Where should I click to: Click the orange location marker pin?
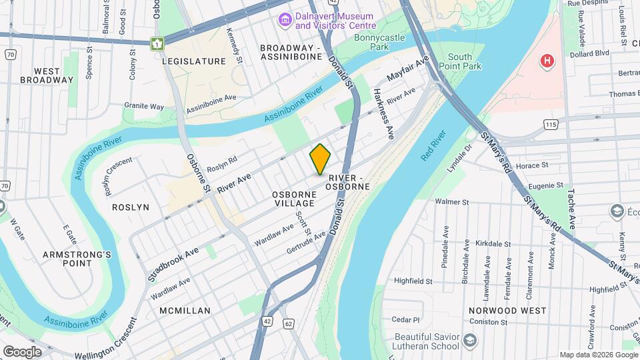point(320,159)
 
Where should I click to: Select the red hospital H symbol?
point(547,61)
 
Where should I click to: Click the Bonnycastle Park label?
point(379,43)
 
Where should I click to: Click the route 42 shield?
point(267,321)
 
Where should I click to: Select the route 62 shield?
point(288,323)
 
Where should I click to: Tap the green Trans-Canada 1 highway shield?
point(157,44)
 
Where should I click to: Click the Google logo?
point(22,351)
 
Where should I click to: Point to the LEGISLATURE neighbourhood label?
point(194,61)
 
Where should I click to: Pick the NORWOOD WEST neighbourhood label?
point(507,311)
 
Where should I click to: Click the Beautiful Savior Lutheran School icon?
point(470,341)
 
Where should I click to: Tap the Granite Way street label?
point(144,106)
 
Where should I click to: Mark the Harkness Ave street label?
point(383,113)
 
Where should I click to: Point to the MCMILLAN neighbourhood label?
point(185,311)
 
